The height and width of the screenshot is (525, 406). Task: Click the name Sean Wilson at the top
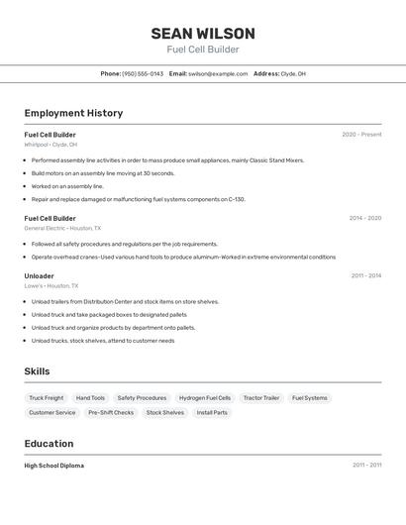point(202,34)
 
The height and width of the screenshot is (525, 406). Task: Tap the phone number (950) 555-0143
point(143,73)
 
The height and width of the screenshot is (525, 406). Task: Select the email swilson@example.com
point(218,73)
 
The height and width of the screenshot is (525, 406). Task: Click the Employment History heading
point(73,113)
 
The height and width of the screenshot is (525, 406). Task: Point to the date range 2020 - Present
point(361,135)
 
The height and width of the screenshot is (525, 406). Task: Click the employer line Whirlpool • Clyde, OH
point(51,145)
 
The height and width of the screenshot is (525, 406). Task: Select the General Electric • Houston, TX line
point(59,228)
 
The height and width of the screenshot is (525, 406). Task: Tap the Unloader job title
point(39,275)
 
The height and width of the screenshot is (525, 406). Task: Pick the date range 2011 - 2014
point(365,275)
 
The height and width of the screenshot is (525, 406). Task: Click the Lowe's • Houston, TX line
point(51,285)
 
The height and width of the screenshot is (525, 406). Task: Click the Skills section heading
point(37,371)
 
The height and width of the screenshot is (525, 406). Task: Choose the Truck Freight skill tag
point(46,398)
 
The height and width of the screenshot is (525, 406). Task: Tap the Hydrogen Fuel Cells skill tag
point(205,398)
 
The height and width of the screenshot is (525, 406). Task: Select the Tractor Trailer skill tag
point(261,398)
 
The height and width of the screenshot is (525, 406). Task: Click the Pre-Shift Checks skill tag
point(111,412)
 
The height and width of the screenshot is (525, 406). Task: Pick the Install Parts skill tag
point(212,412)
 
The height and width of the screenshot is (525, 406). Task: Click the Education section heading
point(49,444)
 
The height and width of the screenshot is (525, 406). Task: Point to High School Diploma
point(53,466)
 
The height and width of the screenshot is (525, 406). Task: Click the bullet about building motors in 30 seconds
point(103,173)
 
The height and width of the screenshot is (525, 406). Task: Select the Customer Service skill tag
point(52,412)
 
